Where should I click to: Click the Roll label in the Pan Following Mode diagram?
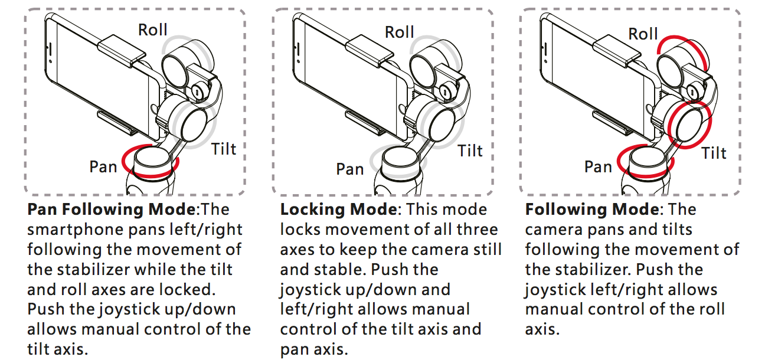point(153,30)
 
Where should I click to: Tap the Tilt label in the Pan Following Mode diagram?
point(224,148)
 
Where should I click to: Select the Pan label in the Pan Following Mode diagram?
point(104,167)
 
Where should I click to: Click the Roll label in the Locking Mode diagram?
point(400,32)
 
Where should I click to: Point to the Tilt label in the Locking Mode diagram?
point(470,151)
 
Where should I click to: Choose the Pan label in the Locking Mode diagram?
point(350,170)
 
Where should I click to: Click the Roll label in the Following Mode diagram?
point(643,34)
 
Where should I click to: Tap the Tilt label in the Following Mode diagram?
point(714,153)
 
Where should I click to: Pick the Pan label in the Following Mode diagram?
point(598,167)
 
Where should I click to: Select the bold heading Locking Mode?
point(338,210)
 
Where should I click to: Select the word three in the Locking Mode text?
point(473,230)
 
